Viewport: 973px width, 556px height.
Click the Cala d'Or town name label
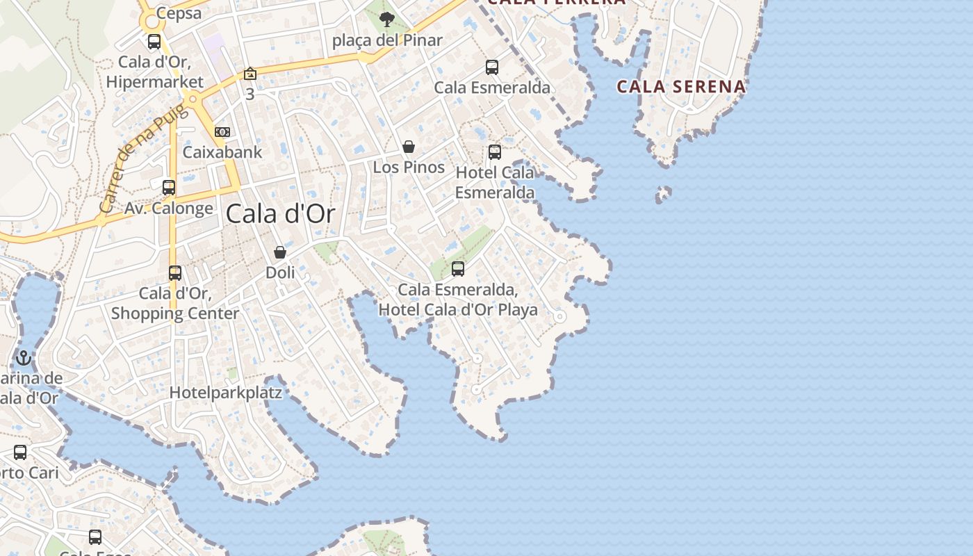point(280,214)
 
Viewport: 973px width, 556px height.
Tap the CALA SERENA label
point(681,87)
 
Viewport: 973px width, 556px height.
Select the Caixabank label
point(222,152)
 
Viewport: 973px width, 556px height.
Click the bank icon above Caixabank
point(222,131)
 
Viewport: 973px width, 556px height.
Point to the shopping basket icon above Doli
point(280,252)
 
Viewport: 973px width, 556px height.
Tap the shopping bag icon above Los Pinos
point(409,147)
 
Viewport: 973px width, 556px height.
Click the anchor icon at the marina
point(24,358)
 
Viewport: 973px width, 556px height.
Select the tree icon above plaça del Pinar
point(387,19)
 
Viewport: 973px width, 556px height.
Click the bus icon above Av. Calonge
point(169,188)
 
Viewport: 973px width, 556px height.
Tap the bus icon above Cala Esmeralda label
point(492,67)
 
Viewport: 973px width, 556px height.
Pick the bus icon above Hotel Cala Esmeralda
point(494,152)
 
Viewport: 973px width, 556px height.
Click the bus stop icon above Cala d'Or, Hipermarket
point(154,42)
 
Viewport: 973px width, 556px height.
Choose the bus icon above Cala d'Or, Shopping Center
point(175,273)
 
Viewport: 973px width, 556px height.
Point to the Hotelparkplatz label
point(226,393)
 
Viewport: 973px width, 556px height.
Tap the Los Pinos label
point(409,167)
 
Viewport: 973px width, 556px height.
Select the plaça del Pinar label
point(387,40)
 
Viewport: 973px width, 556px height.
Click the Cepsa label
point(179,13)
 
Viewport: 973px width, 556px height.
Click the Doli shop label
point(280,272)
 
